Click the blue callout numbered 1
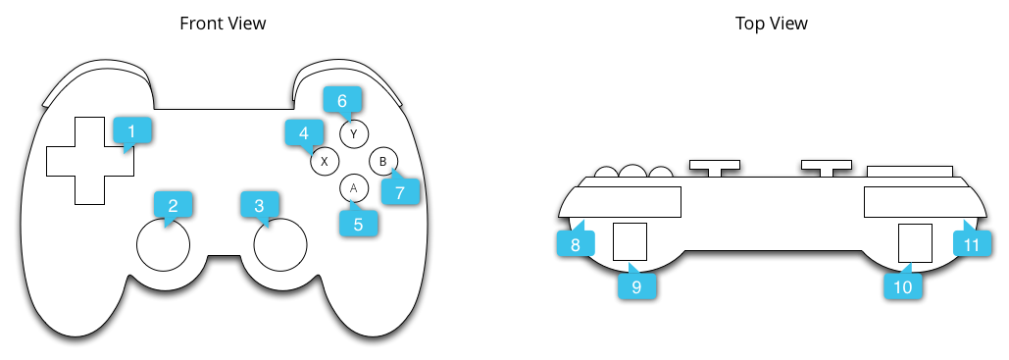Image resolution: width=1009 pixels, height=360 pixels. point(132,130)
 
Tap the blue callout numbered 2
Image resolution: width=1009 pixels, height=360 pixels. point(174,205)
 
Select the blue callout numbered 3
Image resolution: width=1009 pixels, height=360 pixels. point(259,205)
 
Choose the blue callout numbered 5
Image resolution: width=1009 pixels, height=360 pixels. point(358,223)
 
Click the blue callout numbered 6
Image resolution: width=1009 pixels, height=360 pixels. point(342,100)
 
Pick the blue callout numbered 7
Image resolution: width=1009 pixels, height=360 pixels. point(400,191)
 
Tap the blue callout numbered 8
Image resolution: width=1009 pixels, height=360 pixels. point(576,242)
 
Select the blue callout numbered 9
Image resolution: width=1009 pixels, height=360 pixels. point(636,285)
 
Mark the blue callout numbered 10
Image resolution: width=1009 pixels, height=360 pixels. point(902,285)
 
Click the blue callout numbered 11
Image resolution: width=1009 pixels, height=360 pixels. point(972,242)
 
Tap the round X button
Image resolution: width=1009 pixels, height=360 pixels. point(325,160)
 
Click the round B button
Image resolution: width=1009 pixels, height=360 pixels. point(383,160)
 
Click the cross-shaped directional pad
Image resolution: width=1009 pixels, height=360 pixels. point(89,161)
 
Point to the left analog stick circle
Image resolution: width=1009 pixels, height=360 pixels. point(162,244)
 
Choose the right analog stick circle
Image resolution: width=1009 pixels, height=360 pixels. point(280,244)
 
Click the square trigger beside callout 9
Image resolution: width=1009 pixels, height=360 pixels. point(630,240)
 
